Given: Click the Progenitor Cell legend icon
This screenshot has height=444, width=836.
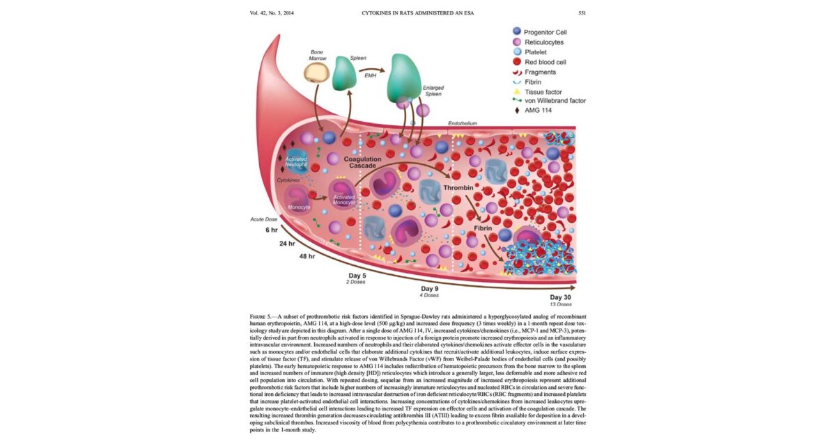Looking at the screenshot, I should pyautogui.click(x=516, y=32).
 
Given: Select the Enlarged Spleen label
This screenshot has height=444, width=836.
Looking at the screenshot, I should pyautogui.click(x=433, y=92).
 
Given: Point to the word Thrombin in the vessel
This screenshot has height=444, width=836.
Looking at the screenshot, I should pyautogui.click(x=458, y=188).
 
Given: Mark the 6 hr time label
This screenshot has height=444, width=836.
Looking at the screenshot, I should pyautogui.click(x=271, y=230).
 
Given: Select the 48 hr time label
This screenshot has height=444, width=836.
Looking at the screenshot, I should pyautogui.click(x=306, y=257).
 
